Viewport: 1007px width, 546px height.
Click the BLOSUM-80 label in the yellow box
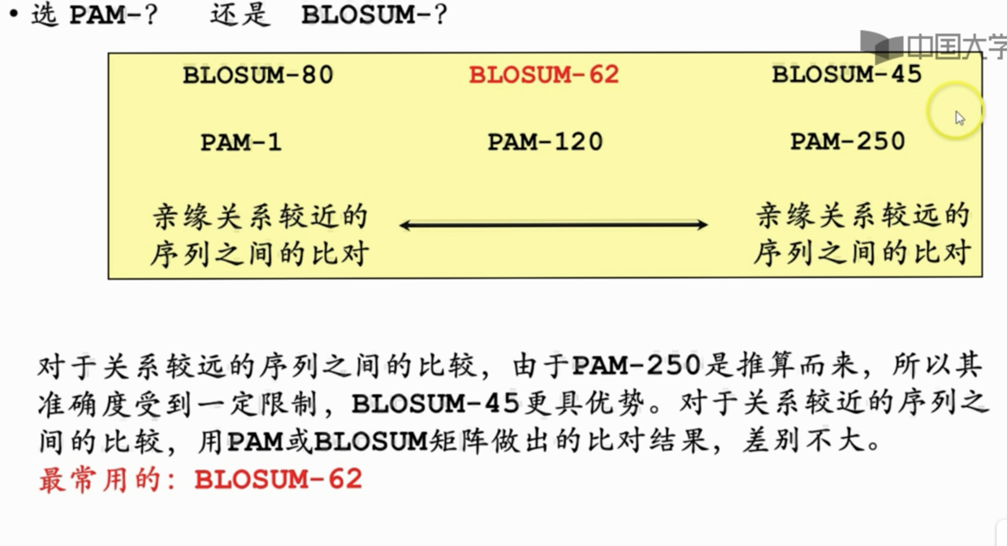pyautogui.click(x=258, y=76)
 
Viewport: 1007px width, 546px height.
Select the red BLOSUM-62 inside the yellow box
pyautogui.click(x=544, y=75)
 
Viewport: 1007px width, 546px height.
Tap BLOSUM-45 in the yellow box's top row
pyautogui.click(x=846, y=75)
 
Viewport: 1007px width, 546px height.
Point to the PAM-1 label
pyautogui.click(x=241, y=142)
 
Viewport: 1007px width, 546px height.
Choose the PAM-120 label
pyautogui.click(x=545, y=142)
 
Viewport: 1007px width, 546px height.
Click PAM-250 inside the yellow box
pyautogui.click(x=847, y=141)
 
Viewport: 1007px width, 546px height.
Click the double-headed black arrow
pyautogui.click(x=554, y=225)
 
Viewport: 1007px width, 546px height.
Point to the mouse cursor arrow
pyautogui.click(x=960, y=118)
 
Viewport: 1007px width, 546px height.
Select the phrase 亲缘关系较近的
pyautogui.click(x=260, y=217)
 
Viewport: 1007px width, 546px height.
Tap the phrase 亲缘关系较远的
pyautogui.click(x=862, y=216)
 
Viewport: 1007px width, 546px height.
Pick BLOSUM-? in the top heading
pyautogui.click(x=374, y=16)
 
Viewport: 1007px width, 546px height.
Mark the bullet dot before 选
pyautogui.click(x=13, y=16)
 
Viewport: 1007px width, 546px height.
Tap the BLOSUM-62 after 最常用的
pyautogui.click(x=278, y=479)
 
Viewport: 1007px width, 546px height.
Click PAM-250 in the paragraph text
pyautogui.click(x=637, y=366)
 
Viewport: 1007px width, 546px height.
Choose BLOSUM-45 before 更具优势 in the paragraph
pyautogui.click(x=435, y=405)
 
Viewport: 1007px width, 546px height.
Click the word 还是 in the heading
pyautogui.click(x=239, y=16)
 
